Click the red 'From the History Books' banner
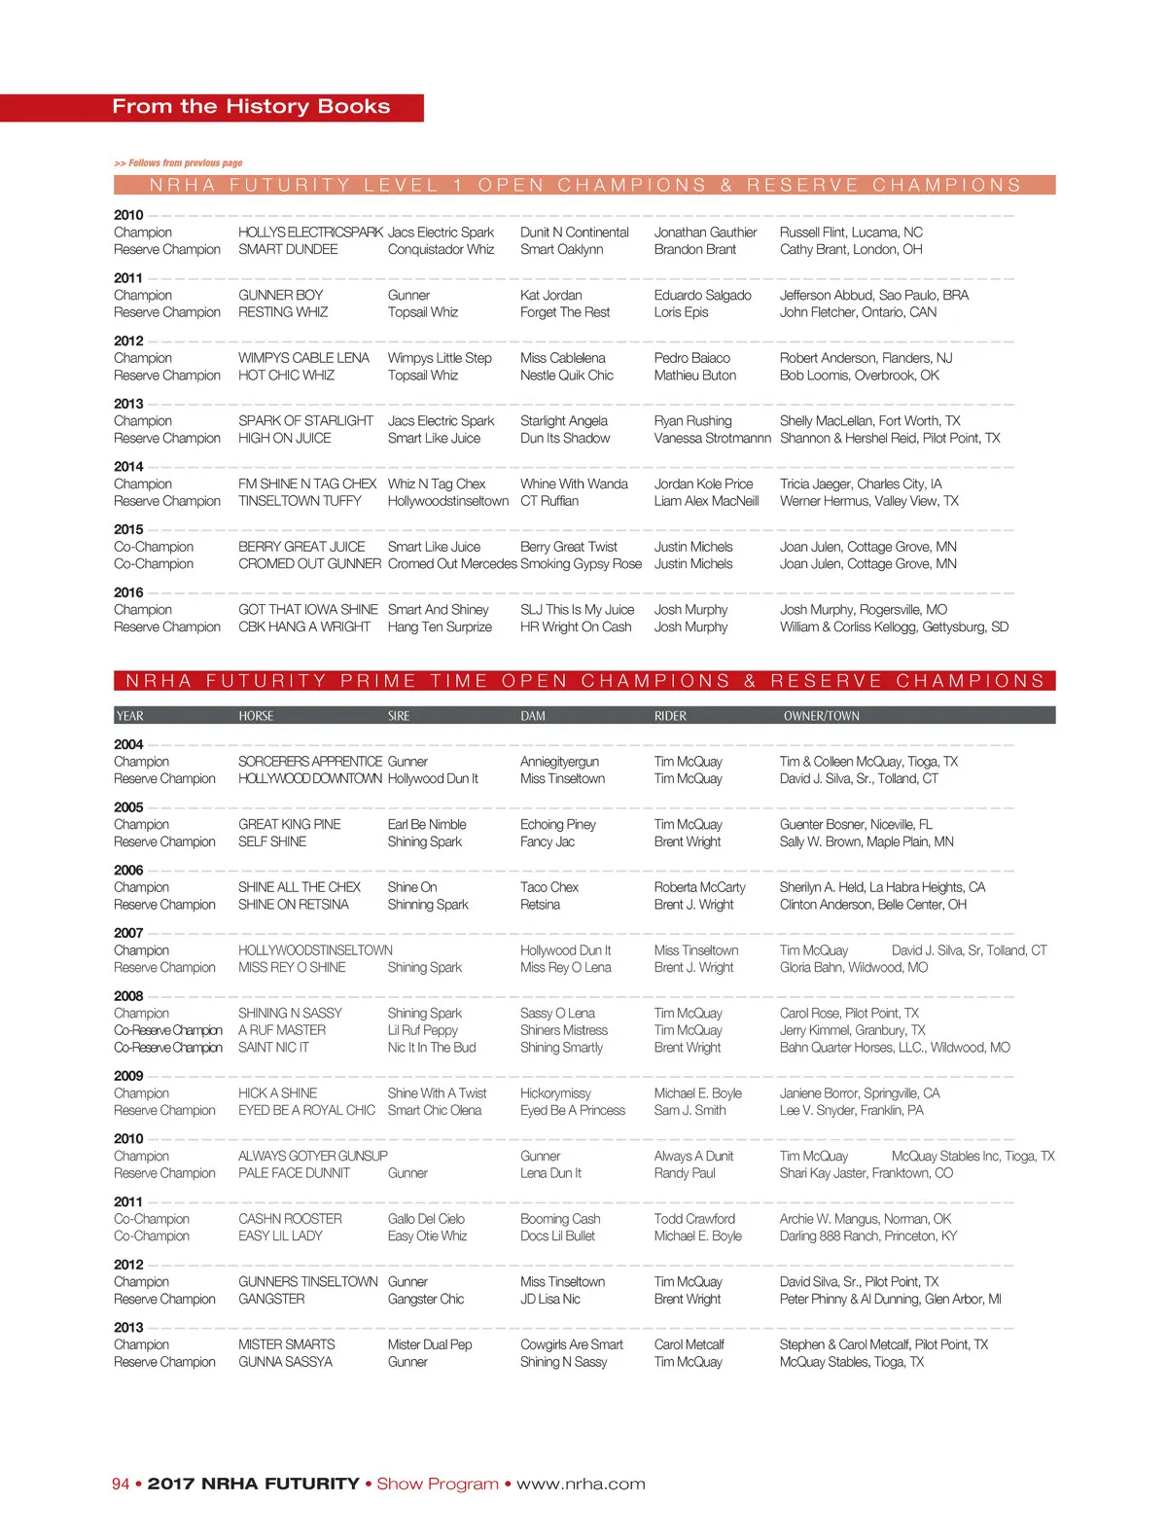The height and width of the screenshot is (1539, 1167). (251, 107)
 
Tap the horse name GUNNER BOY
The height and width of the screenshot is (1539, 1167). (280, 295)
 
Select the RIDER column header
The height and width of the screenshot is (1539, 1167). (670, 716)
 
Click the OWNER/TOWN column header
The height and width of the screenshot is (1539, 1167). (821, 716)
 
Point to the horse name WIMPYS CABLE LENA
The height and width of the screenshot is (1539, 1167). (303, 358)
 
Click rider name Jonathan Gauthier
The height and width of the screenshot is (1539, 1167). (705, 233)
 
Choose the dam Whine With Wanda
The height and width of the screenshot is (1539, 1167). (574, 483)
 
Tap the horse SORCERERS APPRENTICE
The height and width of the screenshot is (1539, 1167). (310, 762)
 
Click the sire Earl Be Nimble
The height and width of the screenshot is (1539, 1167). (427, 824)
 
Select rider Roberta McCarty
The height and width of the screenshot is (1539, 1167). (699, 887)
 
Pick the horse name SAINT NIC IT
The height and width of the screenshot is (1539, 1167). (273, 1048)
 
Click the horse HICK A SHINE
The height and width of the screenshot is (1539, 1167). (277, 1093)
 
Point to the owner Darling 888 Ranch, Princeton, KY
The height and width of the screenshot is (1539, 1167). (867, 1236)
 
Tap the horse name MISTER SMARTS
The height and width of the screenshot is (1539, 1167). (286, 1344)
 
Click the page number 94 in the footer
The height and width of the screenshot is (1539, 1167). (121, 1484)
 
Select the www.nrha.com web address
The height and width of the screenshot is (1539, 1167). (581, 1484)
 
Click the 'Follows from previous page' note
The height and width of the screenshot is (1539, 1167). (178, 163)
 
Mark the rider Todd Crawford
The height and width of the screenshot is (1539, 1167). (694, 1219)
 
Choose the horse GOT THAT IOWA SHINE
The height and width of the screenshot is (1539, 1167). (307, 610)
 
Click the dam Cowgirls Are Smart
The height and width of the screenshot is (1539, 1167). (571, 1344)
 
